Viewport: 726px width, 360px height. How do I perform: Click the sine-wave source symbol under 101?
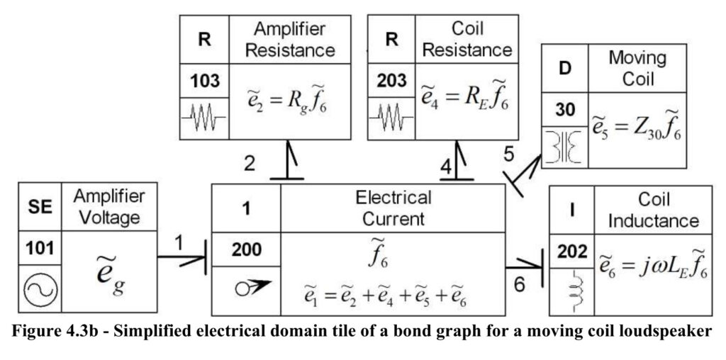coord(40,290)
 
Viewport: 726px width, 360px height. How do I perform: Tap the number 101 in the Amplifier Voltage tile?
coord(40,249)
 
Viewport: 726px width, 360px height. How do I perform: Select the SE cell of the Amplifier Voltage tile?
coord(40,206)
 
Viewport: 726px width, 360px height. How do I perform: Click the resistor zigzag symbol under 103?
coord(203,118)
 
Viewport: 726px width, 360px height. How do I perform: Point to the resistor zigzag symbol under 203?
coord(391,118)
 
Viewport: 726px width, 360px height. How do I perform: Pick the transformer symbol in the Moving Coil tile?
coord(564,147)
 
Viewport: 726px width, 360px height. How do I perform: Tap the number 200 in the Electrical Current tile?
coord(246,250)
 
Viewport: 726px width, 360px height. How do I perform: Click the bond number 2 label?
coord(250,164)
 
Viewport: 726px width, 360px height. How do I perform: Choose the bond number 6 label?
coord(520,285)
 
